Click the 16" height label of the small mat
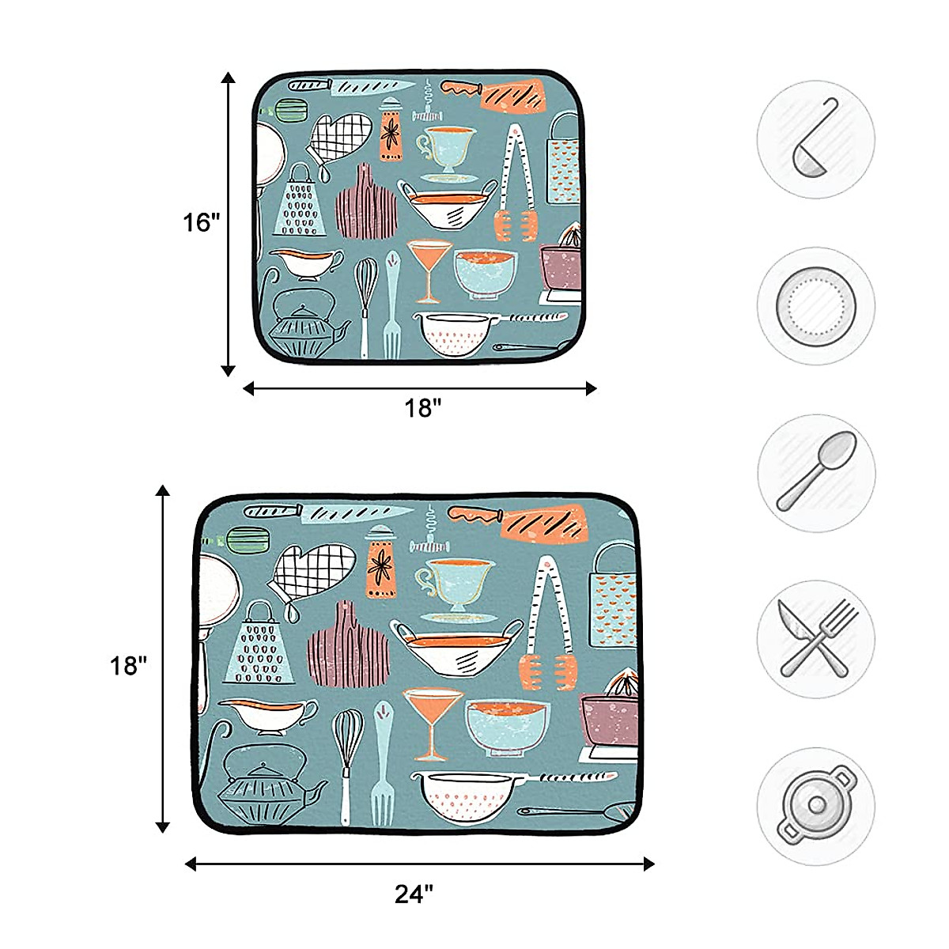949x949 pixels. pyautogui.click(x=201, y=223)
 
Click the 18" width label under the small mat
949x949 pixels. pyautogui.click(x=422, y=409)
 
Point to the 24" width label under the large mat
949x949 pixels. pyautogui.click(x=414, y=894)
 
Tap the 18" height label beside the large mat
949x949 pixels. pyautogui.click(x=129, y=666)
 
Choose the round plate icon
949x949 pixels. pyautogui.click(x=815, y=304)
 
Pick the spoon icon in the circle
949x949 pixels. pyautogui.click(x=815, y=471)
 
